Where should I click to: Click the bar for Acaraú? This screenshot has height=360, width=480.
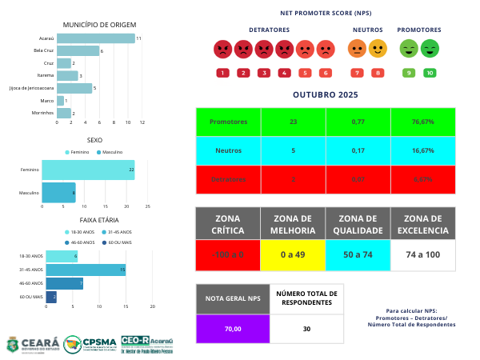coord(96,38)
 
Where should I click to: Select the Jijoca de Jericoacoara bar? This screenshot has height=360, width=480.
coord(74,88)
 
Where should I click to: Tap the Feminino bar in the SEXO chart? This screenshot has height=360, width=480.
coord(88,170)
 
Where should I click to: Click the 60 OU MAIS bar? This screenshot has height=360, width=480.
coord(51,296)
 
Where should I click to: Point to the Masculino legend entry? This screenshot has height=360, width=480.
coord(110,151)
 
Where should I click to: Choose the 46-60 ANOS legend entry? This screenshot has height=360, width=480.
coord(80,242)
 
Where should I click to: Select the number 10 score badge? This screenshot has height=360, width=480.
coord(430,73)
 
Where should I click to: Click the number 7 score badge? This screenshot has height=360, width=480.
coord(357,73)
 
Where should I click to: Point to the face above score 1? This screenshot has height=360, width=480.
coord(222,50)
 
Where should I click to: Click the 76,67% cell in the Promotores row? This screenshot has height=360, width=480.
coord(422,122)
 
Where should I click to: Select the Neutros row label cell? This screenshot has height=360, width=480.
coord(228,150)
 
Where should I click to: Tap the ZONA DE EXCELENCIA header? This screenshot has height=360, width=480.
coord(422,223)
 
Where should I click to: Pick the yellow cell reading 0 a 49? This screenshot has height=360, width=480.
coord(293,254)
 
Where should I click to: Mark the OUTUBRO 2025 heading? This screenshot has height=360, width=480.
coord(325,94)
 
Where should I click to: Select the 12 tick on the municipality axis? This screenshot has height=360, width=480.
coord(142,122)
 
